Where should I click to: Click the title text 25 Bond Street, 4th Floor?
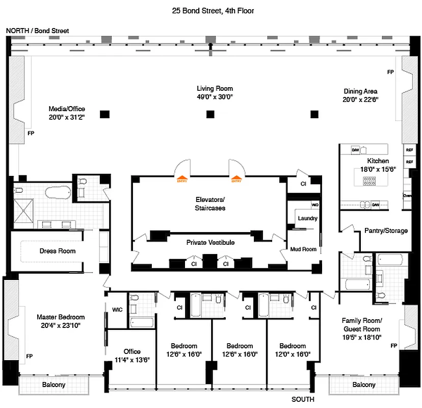(211, 10)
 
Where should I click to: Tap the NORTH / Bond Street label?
(37, 31)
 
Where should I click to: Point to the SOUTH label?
(303, 399)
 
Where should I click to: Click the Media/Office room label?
(67, 109)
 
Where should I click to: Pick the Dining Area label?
(360, 91)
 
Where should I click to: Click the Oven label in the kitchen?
(407, 195)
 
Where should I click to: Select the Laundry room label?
(307, 218)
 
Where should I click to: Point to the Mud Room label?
(304, 249)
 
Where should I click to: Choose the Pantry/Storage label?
(386, 231)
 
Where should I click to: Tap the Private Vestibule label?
(210, 243)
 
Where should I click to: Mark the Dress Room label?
(58, 251)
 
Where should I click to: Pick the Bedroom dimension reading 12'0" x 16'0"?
(293, 354)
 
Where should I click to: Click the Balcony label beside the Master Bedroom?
(54, 385)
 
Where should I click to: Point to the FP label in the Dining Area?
(390, 72)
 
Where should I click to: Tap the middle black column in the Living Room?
(210, 114)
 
